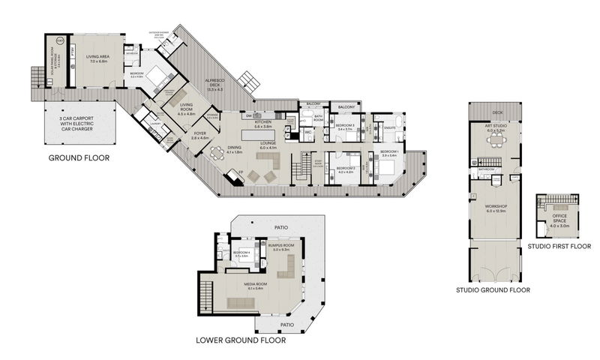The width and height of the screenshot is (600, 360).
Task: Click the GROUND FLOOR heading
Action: (x=79, y=158)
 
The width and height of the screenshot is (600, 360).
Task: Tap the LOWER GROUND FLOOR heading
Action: (x=240, y=340)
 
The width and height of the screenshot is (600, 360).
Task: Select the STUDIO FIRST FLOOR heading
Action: (x=559, y=245)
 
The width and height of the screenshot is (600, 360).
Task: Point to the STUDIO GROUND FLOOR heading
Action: (x=493, y=289)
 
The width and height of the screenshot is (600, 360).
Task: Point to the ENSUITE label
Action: (x=391, y=128)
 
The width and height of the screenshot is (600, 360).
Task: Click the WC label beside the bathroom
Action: (x=307, y=133)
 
